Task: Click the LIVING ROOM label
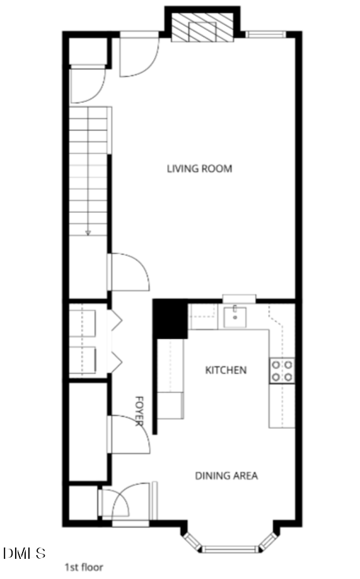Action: click(x=199, y=168)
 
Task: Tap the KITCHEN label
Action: click(x=226, y=370)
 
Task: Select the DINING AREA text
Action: click(x=226, y=476)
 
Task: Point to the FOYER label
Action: click(x=140, y=411)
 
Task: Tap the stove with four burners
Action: click(x=282, y=370)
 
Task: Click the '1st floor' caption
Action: click(x=84, y=567)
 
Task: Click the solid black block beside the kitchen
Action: click(x=170, y=318)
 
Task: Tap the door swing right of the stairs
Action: click(x=129, y=272)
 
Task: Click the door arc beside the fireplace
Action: click(x=139, y=55)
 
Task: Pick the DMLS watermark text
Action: click(x=25, y=554)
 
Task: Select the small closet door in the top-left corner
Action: click(x=85, y=85)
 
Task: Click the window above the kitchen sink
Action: click(x=239, y=298)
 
